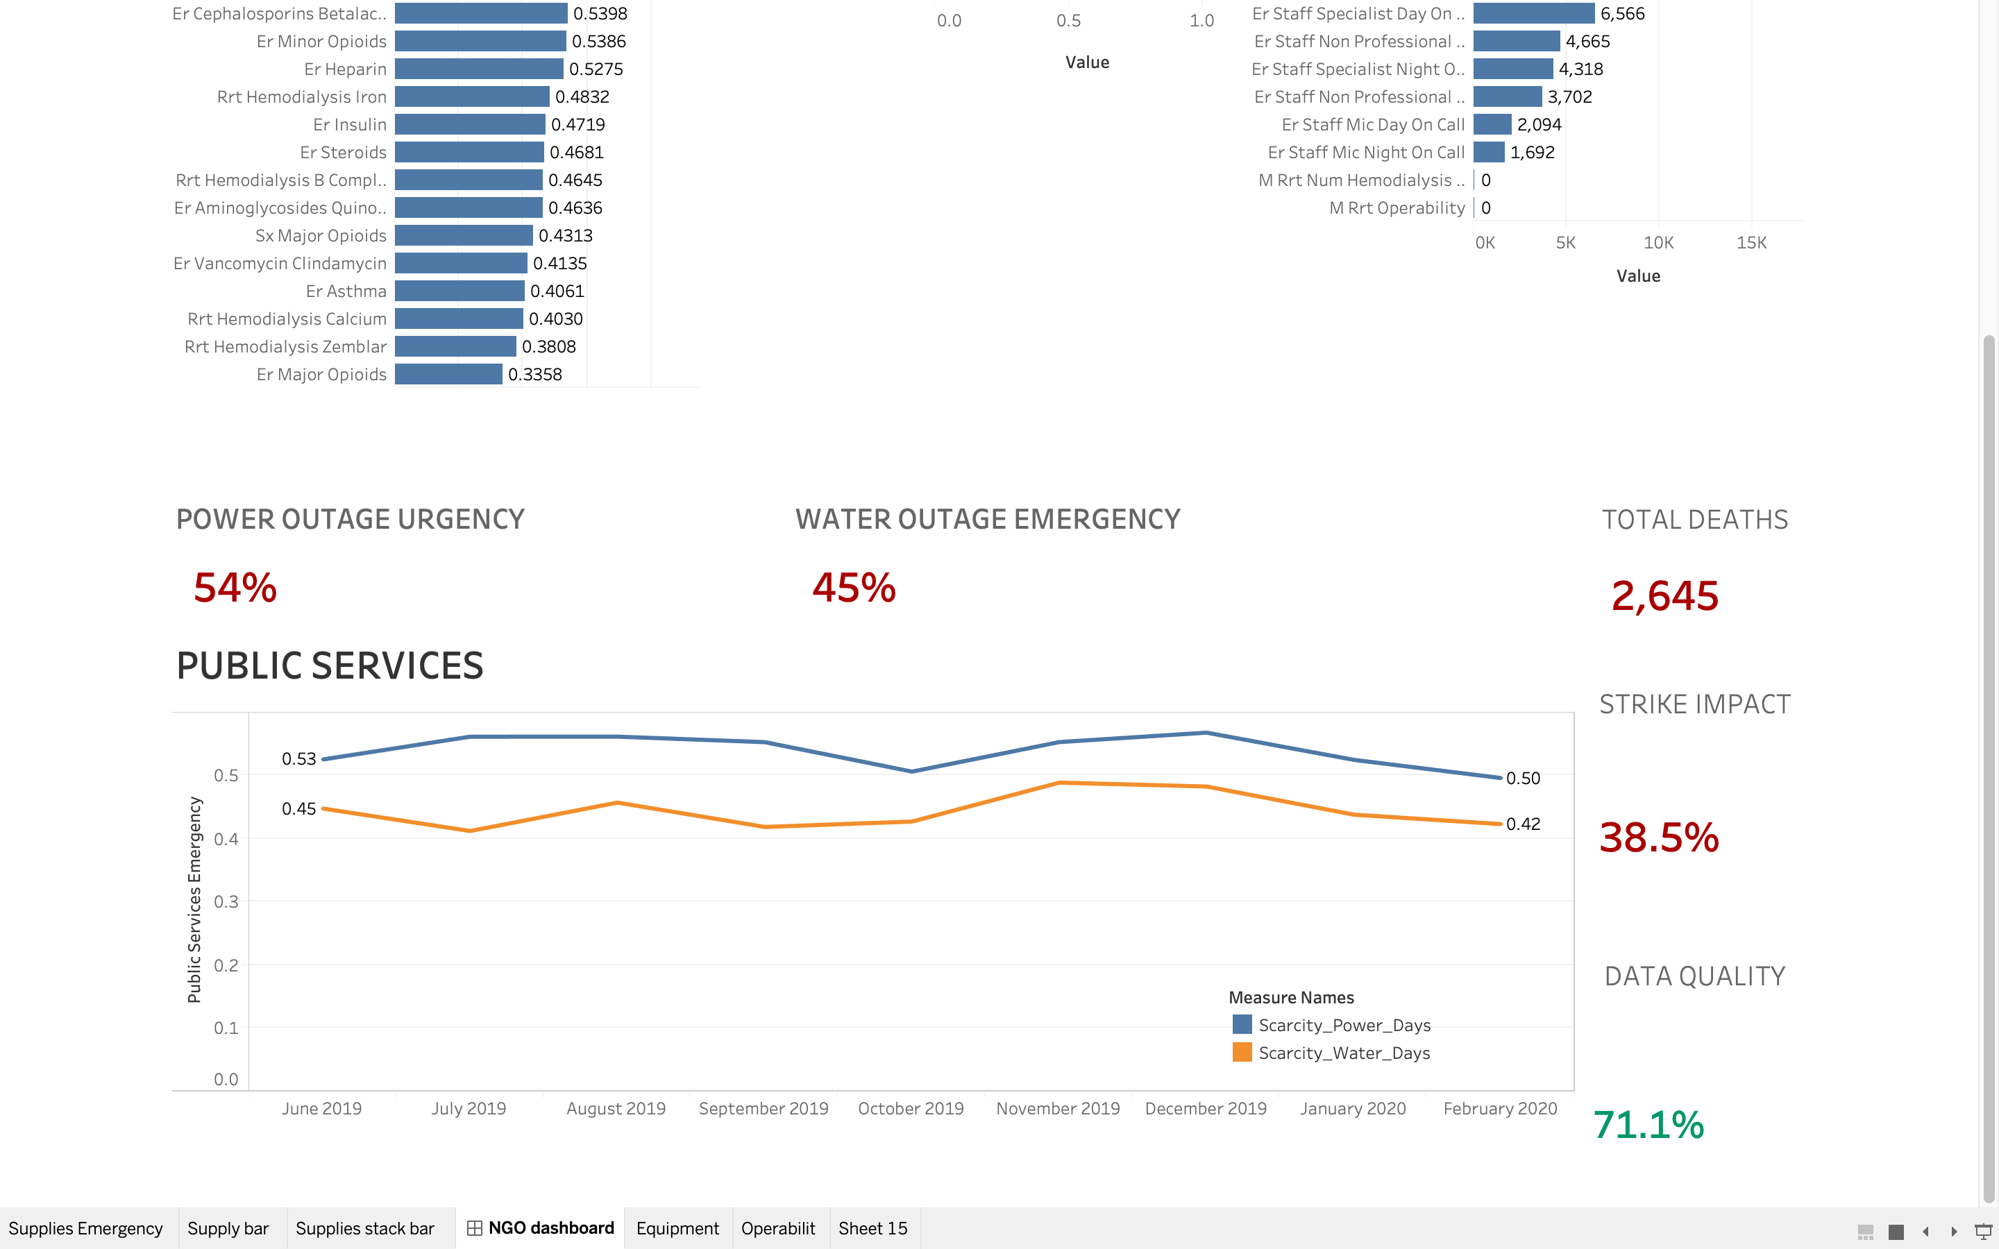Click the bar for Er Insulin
coord(469,125)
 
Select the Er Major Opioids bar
coord(448,374)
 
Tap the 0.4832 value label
coord(582,96)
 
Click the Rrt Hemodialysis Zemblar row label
coord(285,347)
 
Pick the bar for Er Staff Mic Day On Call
coord(1492,125)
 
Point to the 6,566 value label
coord(1622,14)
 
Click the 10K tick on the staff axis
coord(1658,243)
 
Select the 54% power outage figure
coord(235,588)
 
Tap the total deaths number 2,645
coord(1664,595)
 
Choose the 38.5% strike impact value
coord(1659,837)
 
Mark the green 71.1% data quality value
coord(1648,1124)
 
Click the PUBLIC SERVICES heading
coord(330,666)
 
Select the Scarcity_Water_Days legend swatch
coord(1242,1053)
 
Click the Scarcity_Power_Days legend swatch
coord(1242,1025)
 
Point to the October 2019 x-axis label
coord(910,1109)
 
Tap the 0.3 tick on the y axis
coord(226,901)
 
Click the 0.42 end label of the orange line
coord(1522,824)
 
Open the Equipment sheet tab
coord(677,1228)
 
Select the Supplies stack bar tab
coord(364,1228)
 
